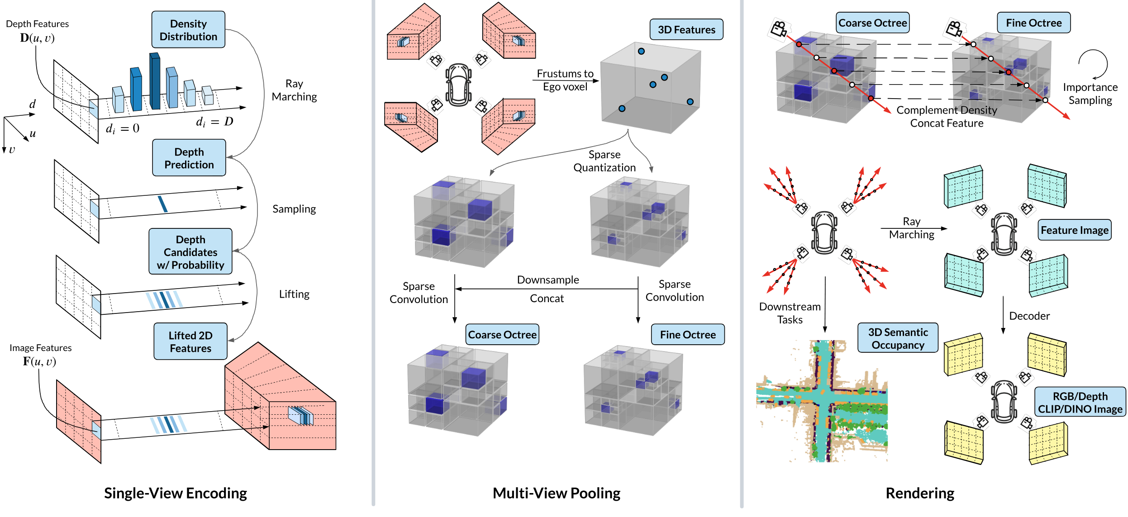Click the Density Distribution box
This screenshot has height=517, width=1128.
coord(188,30)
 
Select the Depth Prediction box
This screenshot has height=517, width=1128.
coord(189,158)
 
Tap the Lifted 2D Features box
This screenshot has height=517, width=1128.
coord(190,342)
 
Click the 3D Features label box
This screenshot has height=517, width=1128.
coord(686,30)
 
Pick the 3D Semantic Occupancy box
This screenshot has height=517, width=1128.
coord(898,338)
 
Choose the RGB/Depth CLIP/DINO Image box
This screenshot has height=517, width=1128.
coord(1080,402)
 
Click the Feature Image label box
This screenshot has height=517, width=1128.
coord(1075,230)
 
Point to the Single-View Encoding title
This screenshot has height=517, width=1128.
coord(176,493)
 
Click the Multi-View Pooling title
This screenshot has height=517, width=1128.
coord(557,493)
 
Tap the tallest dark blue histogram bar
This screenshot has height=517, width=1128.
coord(155,81)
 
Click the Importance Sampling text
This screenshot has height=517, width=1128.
coord(1090,94)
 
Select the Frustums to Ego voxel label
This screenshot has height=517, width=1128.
coord(565,80)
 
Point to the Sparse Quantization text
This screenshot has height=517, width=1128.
coord(604,161)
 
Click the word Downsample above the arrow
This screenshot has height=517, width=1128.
coord(548,280)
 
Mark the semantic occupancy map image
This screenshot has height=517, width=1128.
coord(822,401)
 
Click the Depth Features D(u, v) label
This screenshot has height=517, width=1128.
coord(38,31)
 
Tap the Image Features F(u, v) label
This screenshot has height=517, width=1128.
coord(40,355)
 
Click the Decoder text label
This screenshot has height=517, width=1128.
coord(1029,316)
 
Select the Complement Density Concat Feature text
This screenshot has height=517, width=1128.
coord(947,117)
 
